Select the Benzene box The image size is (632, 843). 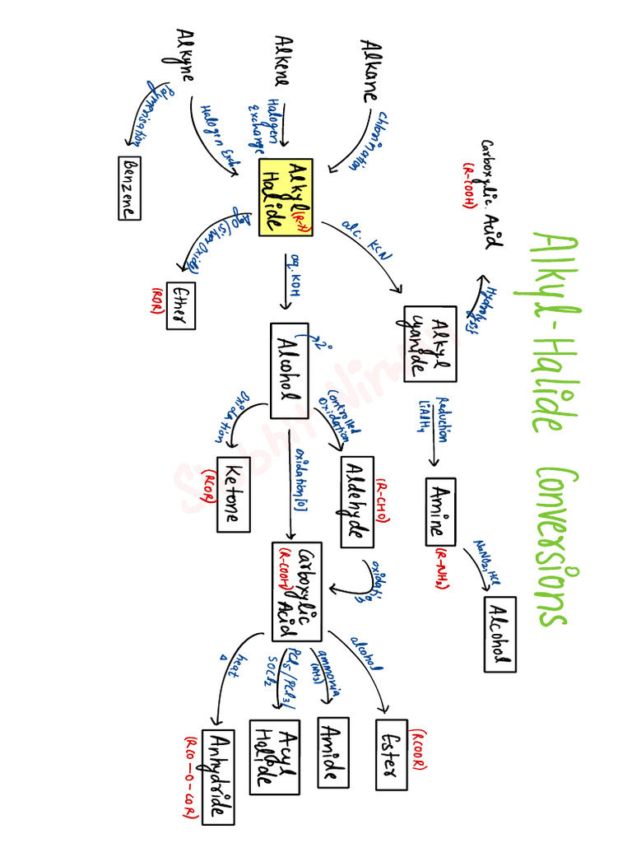(x=128, y=188)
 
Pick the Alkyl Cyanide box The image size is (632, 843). (x=430, y=342)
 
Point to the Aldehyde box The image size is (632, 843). (x=356, y=501)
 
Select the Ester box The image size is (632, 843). (x=391, y=754)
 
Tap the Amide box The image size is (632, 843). (x=333, y=752)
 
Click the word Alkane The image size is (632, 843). (x=369, y=69)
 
